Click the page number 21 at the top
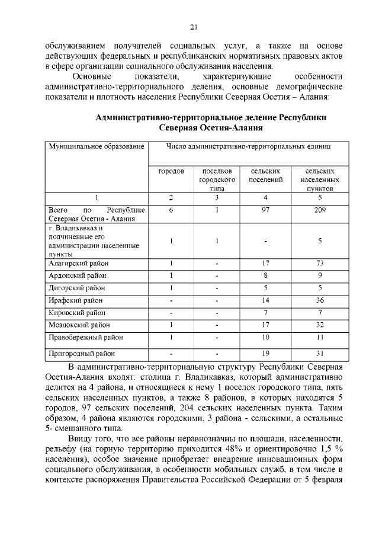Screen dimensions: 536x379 [193, 26]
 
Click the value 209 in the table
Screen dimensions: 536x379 [320, 210]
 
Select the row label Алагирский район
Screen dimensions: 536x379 [78, 262]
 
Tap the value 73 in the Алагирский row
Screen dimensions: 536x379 [320, 262]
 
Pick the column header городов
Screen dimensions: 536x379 [171, 171]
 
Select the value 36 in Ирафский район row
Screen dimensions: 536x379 [320, 300]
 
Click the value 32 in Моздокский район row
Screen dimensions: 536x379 [320, 325]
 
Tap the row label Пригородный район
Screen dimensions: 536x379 [81, 354]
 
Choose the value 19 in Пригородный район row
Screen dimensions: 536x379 [266, 354]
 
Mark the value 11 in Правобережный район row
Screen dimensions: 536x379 [320, 338]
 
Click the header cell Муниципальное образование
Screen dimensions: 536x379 [97, 146]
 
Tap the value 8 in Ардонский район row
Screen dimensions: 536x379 [266, 275]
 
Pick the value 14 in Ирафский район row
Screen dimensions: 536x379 [266, 300]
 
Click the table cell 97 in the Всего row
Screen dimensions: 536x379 [266, 210]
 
